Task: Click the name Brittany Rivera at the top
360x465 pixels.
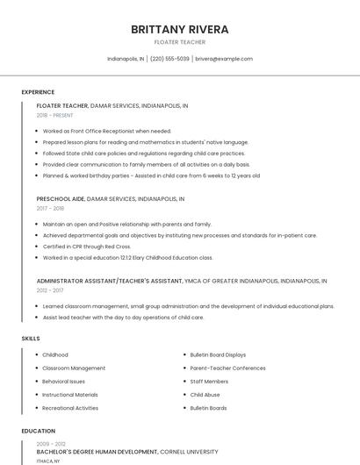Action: pos(180,29)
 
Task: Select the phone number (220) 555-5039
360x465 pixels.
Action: pos(169,59)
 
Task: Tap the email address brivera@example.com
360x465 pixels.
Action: pos(224,59)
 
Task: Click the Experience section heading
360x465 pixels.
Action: pos(38,92)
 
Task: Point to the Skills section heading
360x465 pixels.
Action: pos(30,338)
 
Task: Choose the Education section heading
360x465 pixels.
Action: pos(39,431)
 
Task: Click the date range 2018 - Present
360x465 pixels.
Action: pos(55,115)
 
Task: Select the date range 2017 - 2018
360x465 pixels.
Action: pos(50,208)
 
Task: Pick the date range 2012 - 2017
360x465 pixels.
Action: pos(50,290)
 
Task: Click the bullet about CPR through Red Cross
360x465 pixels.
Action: pos(87,247)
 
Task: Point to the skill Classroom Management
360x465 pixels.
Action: pos(74,368)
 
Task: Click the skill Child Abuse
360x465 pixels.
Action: pos(205,395)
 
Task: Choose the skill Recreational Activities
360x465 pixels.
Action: pos(70,408)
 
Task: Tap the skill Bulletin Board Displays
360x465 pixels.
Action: pos(218,354)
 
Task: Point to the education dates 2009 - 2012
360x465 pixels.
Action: pos(51,444)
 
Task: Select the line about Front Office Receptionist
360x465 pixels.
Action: pos(107,131)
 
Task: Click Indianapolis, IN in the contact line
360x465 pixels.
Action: pos(126,59)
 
